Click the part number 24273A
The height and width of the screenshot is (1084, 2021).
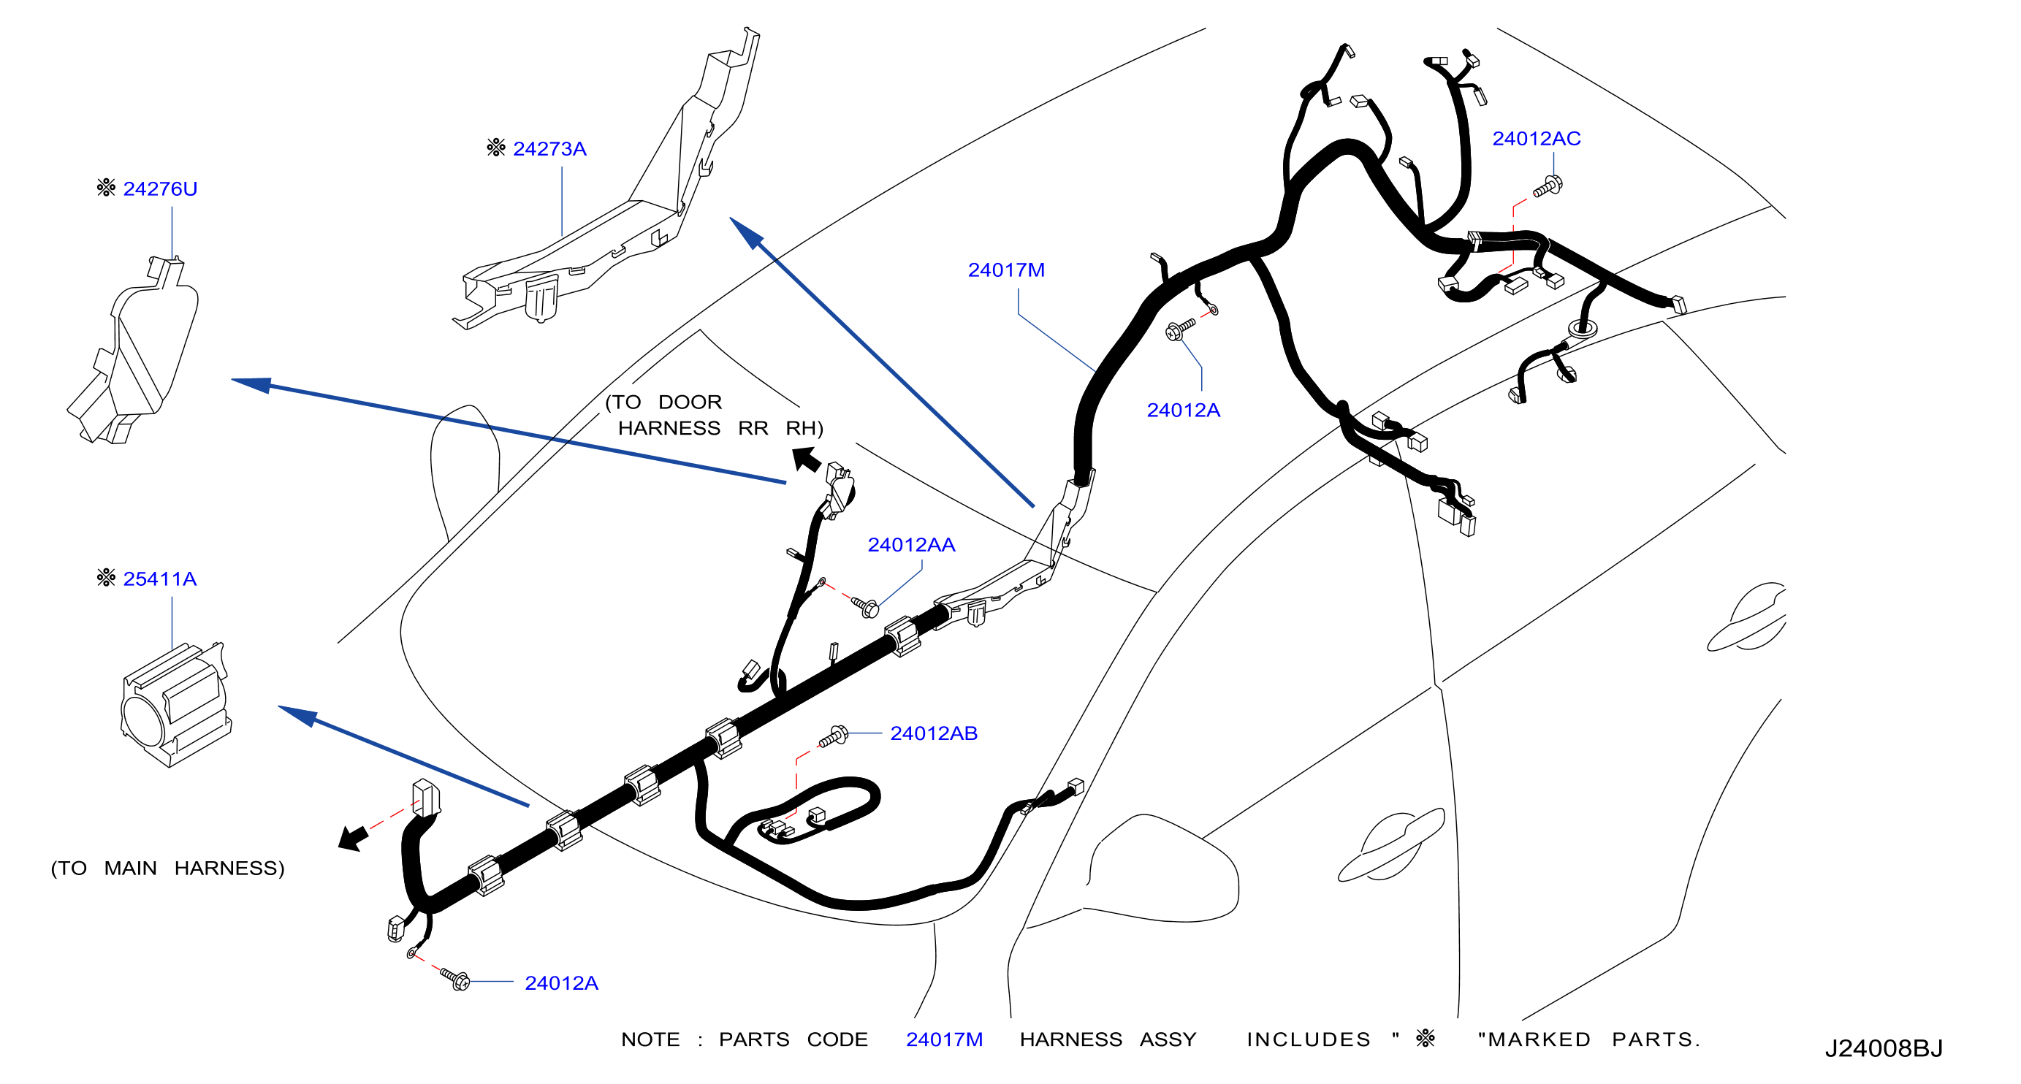click(x=549, y=149)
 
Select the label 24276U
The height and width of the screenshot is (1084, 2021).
click(x=160, y=189)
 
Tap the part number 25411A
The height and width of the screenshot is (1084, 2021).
click(x=160, y=579)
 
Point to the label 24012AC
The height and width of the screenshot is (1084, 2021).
click(x=1536, y=139)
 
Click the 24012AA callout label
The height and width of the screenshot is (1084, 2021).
click(x=911, y=545)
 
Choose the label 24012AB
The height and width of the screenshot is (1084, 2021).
click(x=934, y=733)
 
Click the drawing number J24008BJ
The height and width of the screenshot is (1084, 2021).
click(x=1883, y=1049)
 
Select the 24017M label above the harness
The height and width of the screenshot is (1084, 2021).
click(x=1006, y=270)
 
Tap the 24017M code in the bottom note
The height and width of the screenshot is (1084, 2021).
click(x=944, y=1040)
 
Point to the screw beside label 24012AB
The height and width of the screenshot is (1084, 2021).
click(x=833, y=736)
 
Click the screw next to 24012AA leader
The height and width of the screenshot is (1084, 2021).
click(x=865, y=606)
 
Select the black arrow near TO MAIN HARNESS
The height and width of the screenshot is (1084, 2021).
click(x=354, y=837)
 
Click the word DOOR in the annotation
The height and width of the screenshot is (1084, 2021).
click(x=690, y=402)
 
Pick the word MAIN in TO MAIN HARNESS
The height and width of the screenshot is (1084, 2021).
click(x=130, y=869)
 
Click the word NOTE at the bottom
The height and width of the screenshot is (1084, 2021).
click(x=650, y=1040)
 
